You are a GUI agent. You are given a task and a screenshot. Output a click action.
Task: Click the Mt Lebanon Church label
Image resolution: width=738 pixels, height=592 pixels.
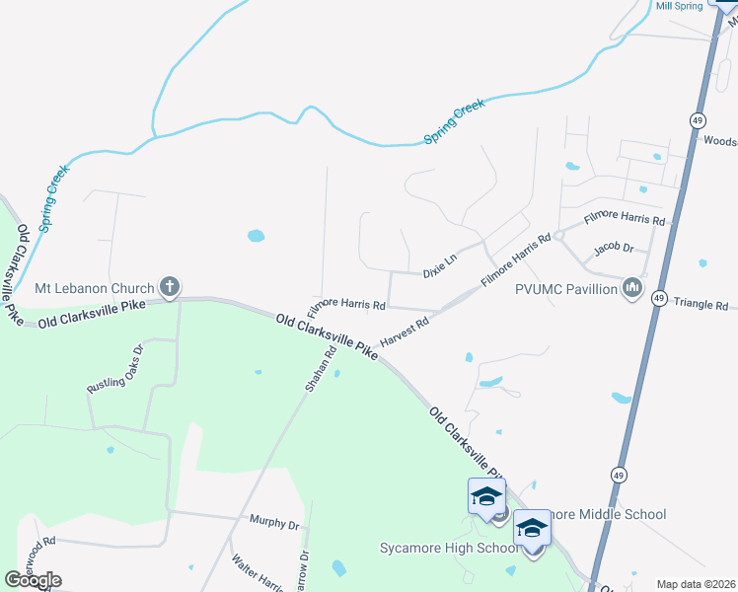click(x=94, y=288)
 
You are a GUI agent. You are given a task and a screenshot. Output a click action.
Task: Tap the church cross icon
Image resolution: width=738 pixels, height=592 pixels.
click(x=169, y=288)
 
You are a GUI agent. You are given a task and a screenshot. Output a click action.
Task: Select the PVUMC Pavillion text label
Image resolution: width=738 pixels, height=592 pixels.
click(x=565, y=290)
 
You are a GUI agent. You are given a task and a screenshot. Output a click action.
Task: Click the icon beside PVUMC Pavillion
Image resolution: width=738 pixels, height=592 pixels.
click(x=632, y=289)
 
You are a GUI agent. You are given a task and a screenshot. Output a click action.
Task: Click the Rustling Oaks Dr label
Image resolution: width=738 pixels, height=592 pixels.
click(x=115, y=369)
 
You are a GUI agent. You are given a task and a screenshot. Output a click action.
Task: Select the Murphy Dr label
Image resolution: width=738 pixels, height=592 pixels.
click(x=273, y=524)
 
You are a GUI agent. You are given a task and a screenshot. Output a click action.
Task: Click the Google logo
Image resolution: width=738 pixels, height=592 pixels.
click(x=33, y=580)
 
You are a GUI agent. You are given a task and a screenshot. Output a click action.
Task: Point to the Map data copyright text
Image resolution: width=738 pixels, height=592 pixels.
click(x=696, y=584)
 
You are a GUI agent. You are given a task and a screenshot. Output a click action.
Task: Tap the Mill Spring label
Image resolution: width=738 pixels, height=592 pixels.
click(x=679, y=6)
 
